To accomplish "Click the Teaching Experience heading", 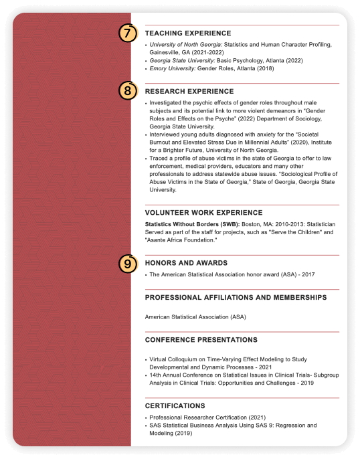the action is pos(188,33).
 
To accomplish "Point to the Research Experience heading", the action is pos(189,91).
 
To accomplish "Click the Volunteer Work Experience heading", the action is pos(203,213).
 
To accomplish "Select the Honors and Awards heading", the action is pos(186,263).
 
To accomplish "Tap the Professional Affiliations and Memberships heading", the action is pos(236,297).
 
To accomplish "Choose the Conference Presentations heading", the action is pos(201,340).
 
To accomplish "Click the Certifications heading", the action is pos(175,405).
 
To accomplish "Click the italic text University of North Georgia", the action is pos(185,44).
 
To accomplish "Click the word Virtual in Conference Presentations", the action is pos(159,359).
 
